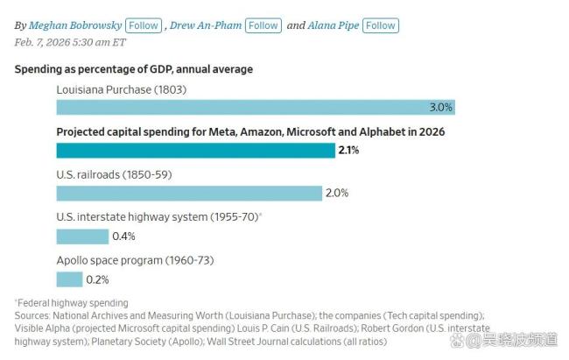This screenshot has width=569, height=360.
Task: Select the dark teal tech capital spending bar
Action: click(194, 150)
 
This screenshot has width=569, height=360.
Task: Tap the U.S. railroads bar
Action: click(189, 193)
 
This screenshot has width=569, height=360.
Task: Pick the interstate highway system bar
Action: click(82, 236)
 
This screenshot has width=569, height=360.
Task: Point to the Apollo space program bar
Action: click(69, 279)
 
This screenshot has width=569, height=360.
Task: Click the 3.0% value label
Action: click(440, 107)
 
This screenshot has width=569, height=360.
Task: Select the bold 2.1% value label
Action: click(348, 150)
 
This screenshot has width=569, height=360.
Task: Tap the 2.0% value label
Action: click(337, 193)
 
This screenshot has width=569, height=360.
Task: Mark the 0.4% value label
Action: click(123, 236)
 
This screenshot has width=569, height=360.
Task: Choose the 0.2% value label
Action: click(97, 279)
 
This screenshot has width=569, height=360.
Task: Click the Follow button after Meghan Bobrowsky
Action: click(144, 25)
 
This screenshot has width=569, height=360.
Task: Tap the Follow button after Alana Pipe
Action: click(381, 25)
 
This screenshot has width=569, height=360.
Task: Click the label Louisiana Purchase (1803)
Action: click(121, 89)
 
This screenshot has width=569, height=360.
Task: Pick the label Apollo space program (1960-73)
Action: click(135, 260)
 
